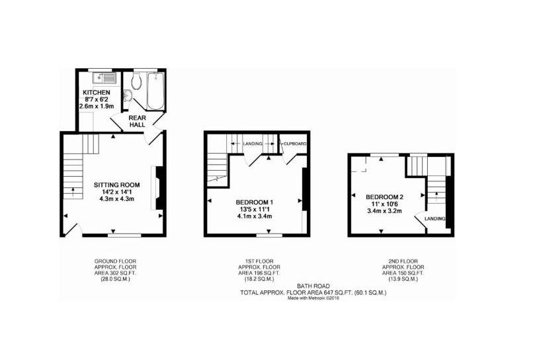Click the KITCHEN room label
pos(96,92)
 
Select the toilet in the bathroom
pos(136,81)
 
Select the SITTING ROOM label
pos(116,185)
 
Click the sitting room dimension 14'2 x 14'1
pos(116,192)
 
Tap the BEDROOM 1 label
pos(255,202)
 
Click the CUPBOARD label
pos(293,143)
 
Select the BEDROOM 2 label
pos(384,197)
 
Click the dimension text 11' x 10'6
pos(384,204)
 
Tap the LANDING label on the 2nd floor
pos(434,218)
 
